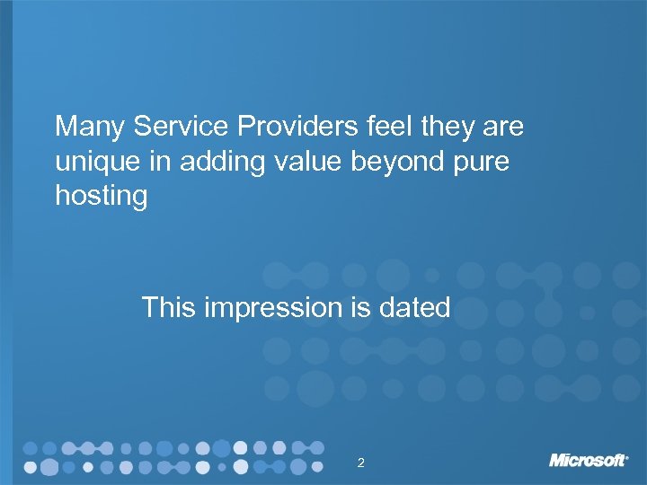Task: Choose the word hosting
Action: pos(101,197)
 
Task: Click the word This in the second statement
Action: pos(169,308)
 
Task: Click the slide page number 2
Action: pos(360,463)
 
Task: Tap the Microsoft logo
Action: pos(588,460)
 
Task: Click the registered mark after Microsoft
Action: pos(627,455)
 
